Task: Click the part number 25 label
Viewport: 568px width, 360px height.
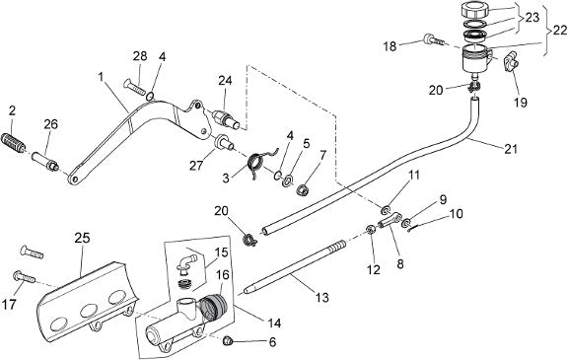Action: [x=82, y=239]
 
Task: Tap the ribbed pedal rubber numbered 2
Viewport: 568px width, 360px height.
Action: [x=14, y=142]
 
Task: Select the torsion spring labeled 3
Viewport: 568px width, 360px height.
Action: [x=260, y=161]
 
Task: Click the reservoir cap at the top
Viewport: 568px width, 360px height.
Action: [x=475, y=9]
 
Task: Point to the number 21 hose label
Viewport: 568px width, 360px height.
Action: [x=511, y=149]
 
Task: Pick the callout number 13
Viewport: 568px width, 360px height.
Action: [x=321, y=297]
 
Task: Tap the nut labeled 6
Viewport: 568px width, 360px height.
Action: [x=227, y=339]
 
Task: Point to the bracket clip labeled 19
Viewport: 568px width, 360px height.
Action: [x=510, y=60]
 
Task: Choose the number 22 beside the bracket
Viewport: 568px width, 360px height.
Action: [x=560, y=31]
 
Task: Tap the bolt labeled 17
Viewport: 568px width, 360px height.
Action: [x=24, y=278]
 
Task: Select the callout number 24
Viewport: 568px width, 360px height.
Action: [x=225, y=80]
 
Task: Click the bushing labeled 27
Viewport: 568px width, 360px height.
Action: [x=225, y=142]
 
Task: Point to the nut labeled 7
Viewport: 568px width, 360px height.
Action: [x=302, y=189]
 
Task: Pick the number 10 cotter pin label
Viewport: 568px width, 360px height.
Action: [x=457, y=214]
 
